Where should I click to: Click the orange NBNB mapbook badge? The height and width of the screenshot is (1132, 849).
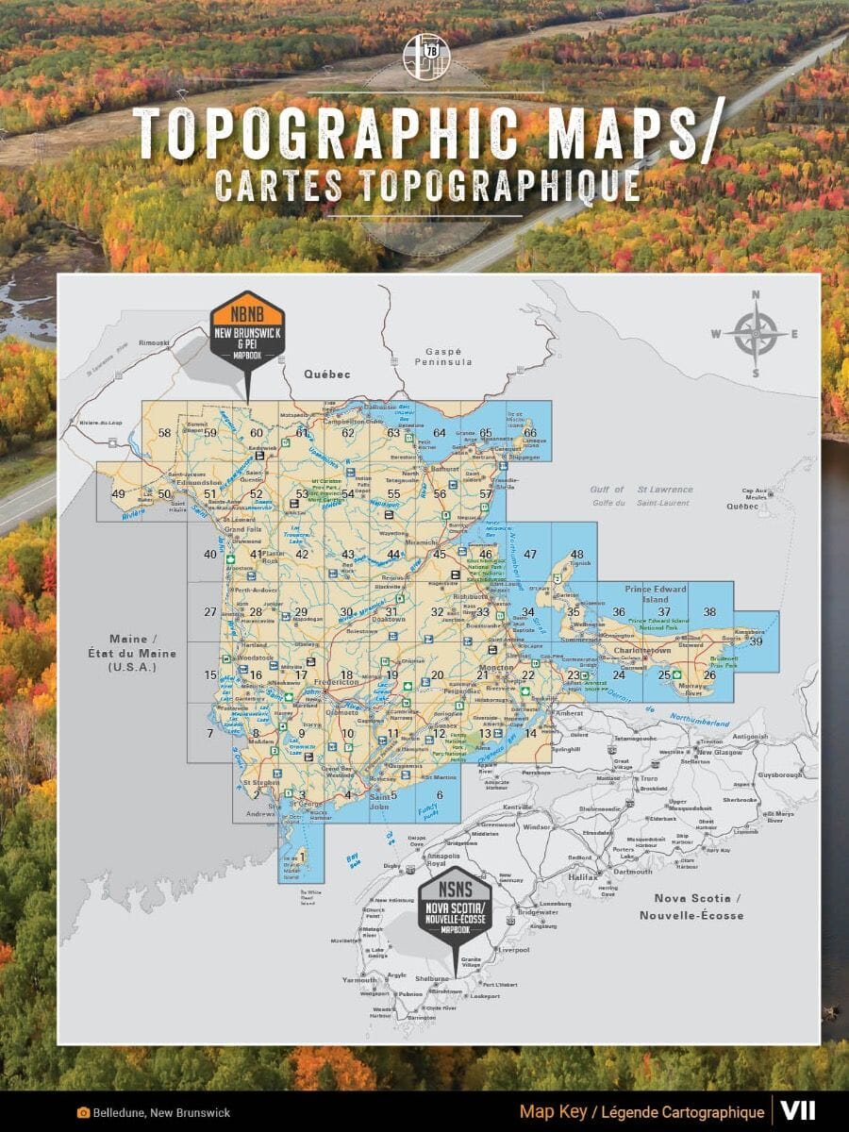coord(246,326)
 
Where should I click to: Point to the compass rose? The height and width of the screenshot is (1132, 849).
coord(756,333)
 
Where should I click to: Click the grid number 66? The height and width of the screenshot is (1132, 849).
coord(530,433)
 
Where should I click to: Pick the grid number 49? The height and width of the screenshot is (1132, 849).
coord(118,494)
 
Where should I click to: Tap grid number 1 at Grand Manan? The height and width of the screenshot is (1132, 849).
coord(303,856)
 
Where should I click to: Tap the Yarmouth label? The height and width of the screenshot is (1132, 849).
coord(359,980)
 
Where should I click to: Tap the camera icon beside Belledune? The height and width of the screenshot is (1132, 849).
coord(84,1112)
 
